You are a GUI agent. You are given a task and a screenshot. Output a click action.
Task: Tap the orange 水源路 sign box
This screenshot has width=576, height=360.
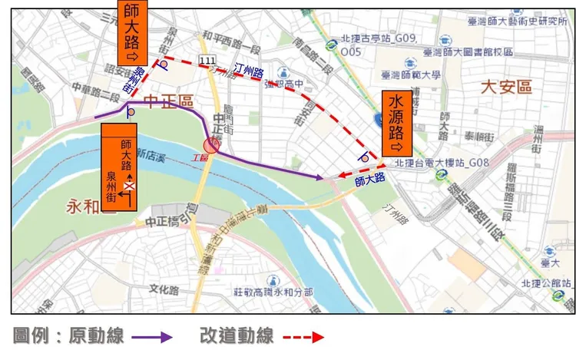(x=396, y=124)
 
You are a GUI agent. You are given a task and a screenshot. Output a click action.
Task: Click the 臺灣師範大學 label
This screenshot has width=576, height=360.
(x=411, y=75)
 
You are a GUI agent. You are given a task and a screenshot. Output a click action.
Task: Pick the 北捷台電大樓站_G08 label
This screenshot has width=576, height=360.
(x=442, y=163)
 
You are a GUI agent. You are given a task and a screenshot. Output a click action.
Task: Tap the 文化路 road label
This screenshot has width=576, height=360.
(x=164, y=290)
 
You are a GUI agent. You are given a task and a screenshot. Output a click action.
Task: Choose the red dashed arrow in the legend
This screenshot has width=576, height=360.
(x=303, y=336)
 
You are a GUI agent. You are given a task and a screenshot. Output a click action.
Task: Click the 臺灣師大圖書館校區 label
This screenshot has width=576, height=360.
(x=468, y=52)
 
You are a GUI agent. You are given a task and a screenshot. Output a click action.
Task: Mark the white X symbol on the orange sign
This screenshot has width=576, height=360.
(x=131, y=185)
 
